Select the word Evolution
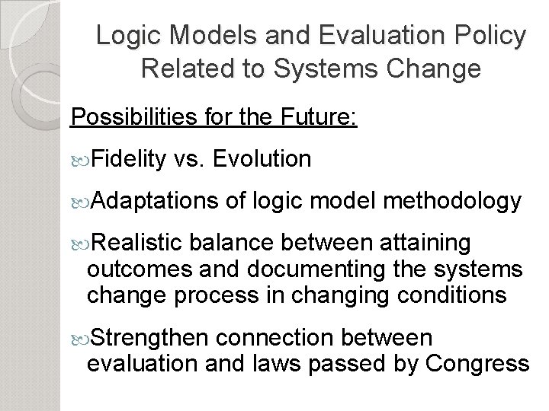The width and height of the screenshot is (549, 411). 263,159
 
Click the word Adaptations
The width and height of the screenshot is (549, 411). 156,201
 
